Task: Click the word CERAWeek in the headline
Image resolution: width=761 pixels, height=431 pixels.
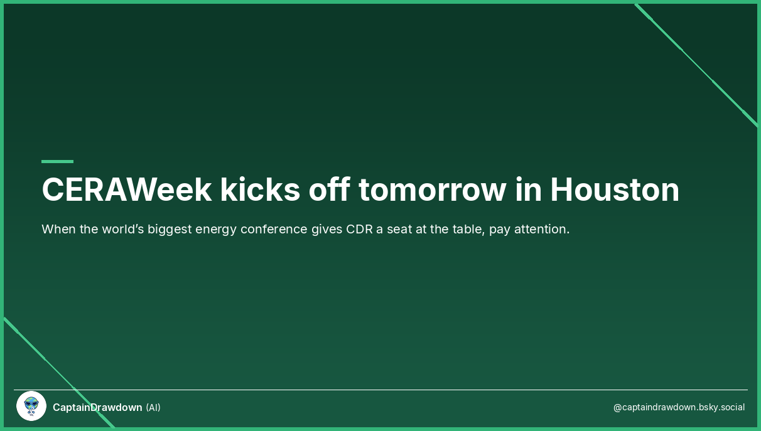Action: (126, 189)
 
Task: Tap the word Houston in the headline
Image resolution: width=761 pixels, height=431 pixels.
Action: (615, 189)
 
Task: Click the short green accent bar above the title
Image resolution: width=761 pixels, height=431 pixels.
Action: (57, 161)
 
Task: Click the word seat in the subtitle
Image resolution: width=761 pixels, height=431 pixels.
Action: (400, 229)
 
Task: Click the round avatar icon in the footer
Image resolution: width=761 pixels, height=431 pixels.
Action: (31, 406)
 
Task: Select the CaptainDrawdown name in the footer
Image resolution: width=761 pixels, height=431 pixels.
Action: (97, 407)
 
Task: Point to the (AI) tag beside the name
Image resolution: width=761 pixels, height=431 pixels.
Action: (153, 407)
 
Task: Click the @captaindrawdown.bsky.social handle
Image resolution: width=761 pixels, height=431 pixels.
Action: (679, 407)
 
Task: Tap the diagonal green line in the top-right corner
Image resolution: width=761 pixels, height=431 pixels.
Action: (697, 66)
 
